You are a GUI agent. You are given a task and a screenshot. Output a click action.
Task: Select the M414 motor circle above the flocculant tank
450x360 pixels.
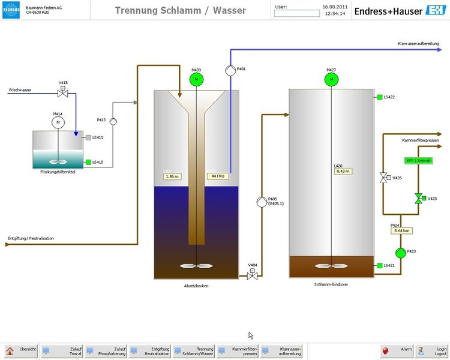58,122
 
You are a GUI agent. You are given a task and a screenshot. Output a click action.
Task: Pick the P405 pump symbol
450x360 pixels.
261,202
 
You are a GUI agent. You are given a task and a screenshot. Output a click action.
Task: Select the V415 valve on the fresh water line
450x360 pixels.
62,93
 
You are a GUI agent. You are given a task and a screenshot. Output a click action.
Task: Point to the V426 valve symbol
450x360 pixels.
383,178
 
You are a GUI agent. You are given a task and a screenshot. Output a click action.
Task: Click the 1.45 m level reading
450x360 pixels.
172,176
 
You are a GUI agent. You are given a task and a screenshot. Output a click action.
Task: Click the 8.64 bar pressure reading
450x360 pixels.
400,230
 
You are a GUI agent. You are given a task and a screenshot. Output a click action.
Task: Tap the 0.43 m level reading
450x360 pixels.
342,171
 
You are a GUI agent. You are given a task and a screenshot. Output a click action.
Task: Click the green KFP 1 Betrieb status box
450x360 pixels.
418,160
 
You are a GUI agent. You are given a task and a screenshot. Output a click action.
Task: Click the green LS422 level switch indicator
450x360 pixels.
379,97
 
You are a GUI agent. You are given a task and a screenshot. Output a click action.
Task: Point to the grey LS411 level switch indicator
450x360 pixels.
88,137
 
